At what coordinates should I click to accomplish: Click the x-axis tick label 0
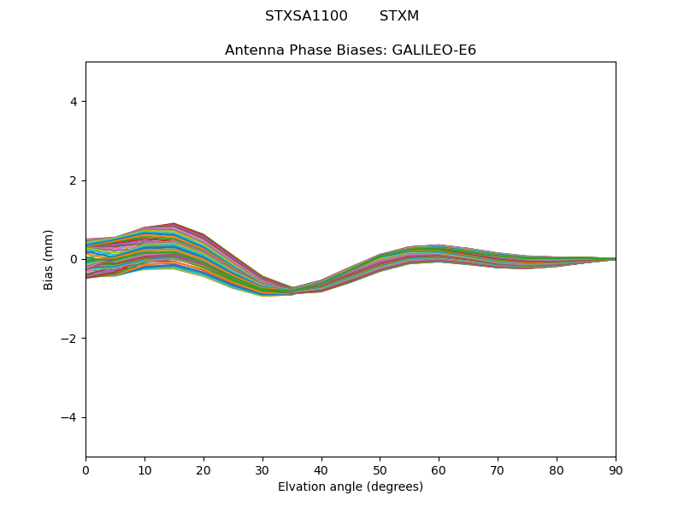(x=85, y=469)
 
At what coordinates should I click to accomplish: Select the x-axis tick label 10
(x=144, y=469)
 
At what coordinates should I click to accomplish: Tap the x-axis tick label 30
(x=262, y=469)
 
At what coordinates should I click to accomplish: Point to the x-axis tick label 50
(x=380, y=469)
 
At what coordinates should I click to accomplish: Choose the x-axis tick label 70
(x=498, y=469)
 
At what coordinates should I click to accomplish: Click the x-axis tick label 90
(x=615, y=469)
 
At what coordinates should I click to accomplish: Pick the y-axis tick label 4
(x=74, y=102)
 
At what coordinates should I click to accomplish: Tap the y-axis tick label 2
(x=74, y=180)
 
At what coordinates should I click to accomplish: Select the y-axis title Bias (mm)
(x=49, y=259)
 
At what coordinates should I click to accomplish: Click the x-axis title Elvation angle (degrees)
(x=351, y=486)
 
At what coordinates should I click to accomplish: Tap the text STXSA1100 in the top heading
(x=306, y=16)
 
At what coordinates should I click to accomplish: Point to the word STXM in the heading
(x=399, y=16)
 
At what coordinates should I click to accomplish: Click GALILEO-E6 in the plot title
(x=434, y=50)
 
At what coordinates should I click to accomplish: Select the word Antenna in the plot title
(x=252, y=50)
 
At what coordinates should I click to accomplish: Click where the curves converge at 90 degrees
(x=615, y=258)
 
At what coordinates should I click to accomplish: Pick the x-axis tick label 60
(x=439, y=469)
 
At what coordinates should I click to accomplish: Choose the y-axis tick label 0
(x=74, y=259)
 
